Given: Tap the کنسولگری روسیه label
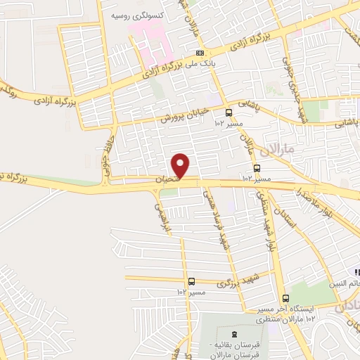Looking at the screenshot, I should click(146, 13).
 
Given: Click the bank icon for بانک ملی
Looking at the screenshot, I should click(200, 53).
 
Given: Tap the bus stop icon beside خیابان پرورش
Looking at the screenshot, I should click(229, 112).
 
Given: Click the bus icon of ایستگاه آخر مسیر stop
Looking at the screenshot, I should click(285, 297).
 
